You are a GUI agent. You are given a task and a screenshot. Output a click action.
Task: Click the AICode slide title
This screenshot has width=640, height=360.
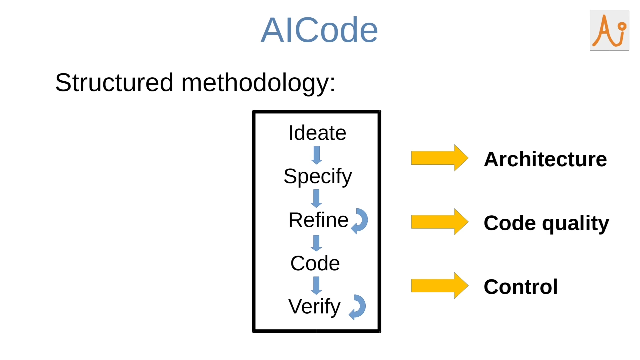pyautogui.click(x=319, y=30)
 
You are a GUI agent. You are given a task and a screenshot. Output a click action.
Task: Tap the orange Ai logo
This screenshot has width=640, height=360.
pyautogui.click(x=609, y=31)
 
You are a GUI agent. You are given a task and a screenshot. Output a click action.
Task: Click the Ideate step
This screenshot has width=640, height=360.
pyautogui.click(x=317, y=133)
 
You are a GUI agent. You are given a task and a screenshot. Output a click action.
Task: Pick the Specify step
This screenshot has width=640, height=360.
pyautogui.click(x=317, y=176)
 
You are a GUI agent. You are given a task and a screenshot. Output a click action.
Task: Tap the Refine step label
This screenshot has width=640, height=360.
pyautogui.click(x=318, y=220)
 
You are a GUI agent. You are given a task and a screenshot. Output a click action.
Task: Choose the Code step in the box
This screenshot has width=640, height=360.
pyautogui.click(x=315, y=263)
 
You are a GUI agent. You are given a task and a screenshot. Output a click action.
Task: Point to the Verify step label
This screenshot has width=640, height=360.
pyautogui.click(x=314, y=307)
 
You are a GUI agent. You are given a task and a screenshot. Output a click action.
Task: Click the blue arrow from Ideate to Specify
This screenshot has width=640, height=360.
pyautogui.click(x=317, y=155)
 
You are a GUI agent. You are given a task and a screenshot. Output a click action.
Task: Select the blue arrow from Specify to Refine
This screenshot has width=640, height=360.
pyautogui.click(x=316, y=198)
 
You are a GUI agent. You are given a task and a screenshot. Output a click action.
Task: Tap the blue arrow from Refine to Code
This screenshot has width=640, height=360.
pyautogui.click(x=316, y=243)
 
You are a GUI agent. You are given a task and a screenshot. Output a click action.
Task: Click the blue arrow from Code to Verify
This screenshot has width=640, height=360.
pyautogui.click(x=316, y=286)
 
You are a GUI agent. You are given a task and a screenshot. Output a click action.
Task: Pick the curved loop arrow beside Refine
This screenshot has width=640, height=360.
pyautogui.click(x=360, y=221)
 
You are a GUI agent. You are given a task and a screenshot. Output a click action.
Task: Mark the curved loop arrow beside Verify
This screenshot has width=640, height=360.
pyautogui.click(x=358, y=307)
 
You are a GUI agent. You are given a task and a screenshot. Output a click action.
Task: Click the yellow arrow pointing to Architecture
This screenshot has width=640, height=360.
pyautogui.click(x=439, y=158)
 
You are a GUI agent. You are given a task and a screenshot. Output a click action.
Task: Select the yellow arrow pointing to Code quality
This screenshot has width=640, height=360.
pyautogui.click(x=439, y=222)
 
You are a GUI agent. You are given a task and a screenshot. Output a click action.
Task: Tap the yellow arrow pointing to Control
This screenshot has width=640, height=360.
pyautogui.click(x=439, y=286)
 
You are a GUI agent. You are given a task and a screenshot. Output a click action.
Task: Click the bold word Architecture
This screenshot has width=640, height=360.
pyautogui.click(x=545, y=159)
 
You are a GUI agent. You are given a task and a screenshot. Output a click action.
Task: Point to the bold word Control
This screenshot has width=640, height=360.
pyautogui.click(x=520, y=287)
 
